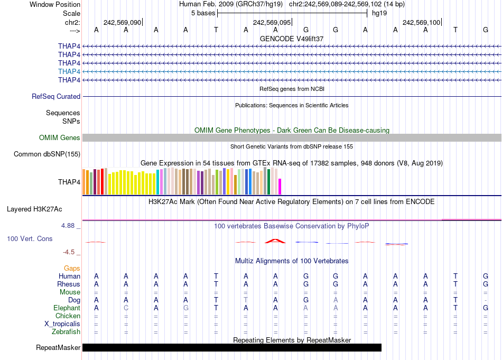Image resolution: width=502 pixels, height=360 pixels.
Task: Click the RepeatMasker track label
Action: [58, 348]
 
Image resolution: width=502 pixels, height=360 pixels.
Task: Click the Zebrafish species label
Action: [66, 332]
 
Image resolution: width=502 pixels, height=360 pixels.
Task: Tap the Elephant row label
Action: [67, 308]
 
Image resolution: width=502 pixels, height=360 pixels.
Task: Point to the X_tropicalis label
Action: [62, 324]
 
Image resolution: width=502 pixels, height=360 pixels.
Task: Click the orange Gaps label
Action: [72, 269]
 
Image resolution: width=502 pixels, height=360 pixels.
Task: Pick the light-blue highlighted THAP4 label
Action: [69, 71]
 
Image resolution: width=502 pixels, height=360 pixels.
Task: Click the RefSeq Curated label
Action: [56, 97]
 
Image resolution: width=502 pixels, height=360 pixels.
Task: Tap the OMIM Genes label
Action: [60, 138]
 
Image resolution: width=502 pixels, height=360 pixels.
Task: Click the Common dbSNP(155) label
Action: [47, 154]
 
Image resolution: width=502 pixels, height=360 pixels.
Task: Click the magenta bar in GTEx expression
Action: [280, 187]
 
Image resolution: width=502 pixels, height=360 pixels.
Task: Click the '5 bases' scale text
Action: [203, 13]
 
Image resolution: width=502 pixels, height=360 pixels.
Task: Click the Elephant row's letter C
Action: [126, 308]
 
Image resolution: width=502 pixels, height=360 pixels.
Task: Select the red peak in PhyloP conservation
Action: [275, 241]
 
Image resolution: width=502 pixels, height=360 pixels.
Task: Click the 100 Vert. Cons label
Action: [30, 239]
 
